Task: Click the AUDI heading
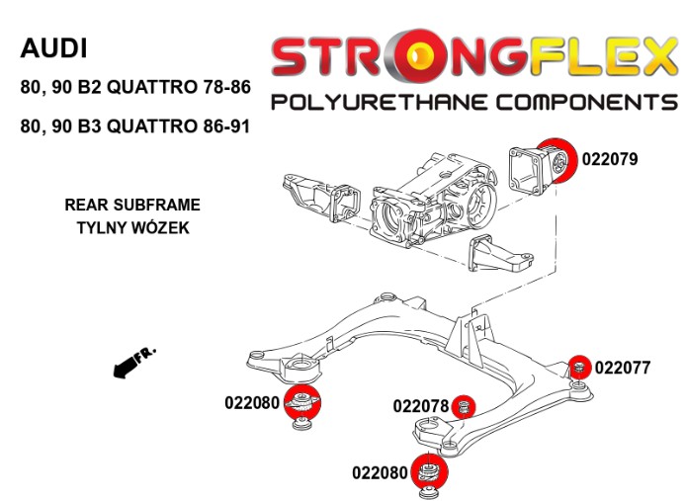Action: click(x=54, y=47)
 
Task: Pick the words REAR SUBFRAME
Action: click(x=131, y=206)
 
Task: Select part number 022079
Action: click(x=610, y=157)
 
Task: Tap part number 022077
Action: click(x=623, y=368)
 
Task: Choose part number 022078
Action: click(x=421, y=405)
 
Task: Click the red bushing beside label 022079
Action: click(x=557, y=158)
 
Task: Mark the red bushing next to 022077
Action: click(x=580, y=367)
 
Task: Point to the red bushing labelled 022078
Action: click(x=468, y=405)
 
